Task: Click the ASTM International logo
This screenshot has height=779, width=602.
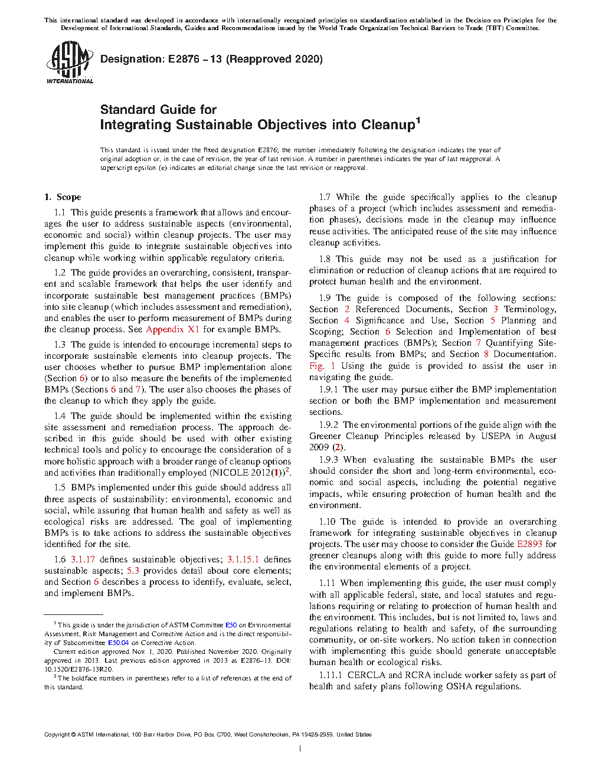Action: click(x=70, y=63)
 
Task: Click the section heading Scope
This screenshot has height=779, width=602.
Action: click(x=69, y=197)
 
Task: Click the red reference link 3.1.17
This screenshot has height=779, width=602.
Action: click(x=83, y=559)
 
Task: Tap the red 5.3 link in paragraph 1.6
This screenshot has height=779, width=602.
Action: click(x=133, y=570)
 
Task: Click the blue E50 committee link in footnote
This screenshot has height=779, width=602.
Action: click(x=231, y=625)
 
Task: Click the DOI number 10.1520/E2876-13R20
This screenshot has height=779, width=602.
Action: click(x=78, y=669)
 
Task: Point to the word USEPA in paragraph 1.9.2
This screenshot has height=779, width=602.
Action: click(x=496, y=436)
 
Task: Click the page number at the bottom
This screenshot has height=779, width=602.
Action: click(x=300, y=749)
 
